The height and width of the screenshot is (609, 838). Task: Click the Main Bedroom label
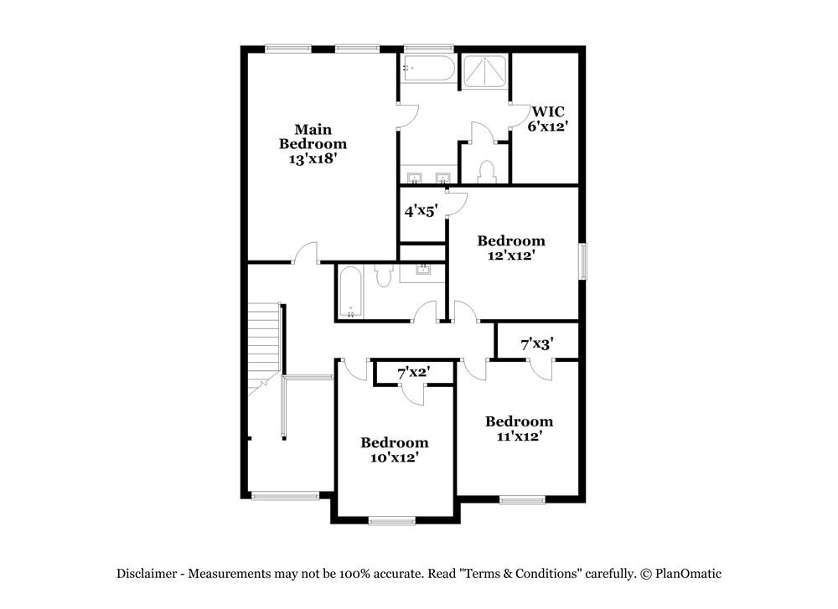[313, 143]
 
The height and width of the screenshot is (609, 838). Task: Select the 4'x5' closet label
[421, 212]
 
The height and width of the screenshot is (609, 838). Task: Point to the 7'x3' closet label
[536, 344]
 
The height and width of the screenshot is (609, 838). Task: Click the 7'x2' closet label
[413, 373]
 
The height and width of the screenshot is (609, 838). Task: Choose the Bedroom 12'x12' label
[511, 248]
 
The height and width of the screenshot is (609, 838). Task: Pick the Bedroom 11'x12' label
[519, 428]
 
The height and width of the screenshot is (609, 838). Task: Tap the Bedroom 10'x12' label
[395, 450]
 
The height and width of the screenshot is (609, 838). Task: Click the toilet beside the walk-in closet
[486, 171]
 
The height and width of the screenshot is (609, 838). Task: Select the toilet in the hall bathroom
[385, 274]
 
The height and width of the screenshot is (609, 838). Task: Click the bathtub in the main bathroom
[428, 69]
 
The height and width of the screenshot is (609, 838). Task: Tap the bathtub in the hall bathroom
[349, 292]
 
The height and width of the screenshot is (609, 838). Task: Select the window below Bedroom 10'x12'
[392, 521]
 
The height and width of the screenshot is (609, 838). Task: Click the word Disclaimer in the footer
[146, 574]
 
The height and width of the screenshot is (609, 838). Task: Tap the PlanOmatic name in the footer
[688, 574]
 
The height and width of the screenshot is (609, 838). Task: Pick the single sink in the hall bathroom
[424, 270]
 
